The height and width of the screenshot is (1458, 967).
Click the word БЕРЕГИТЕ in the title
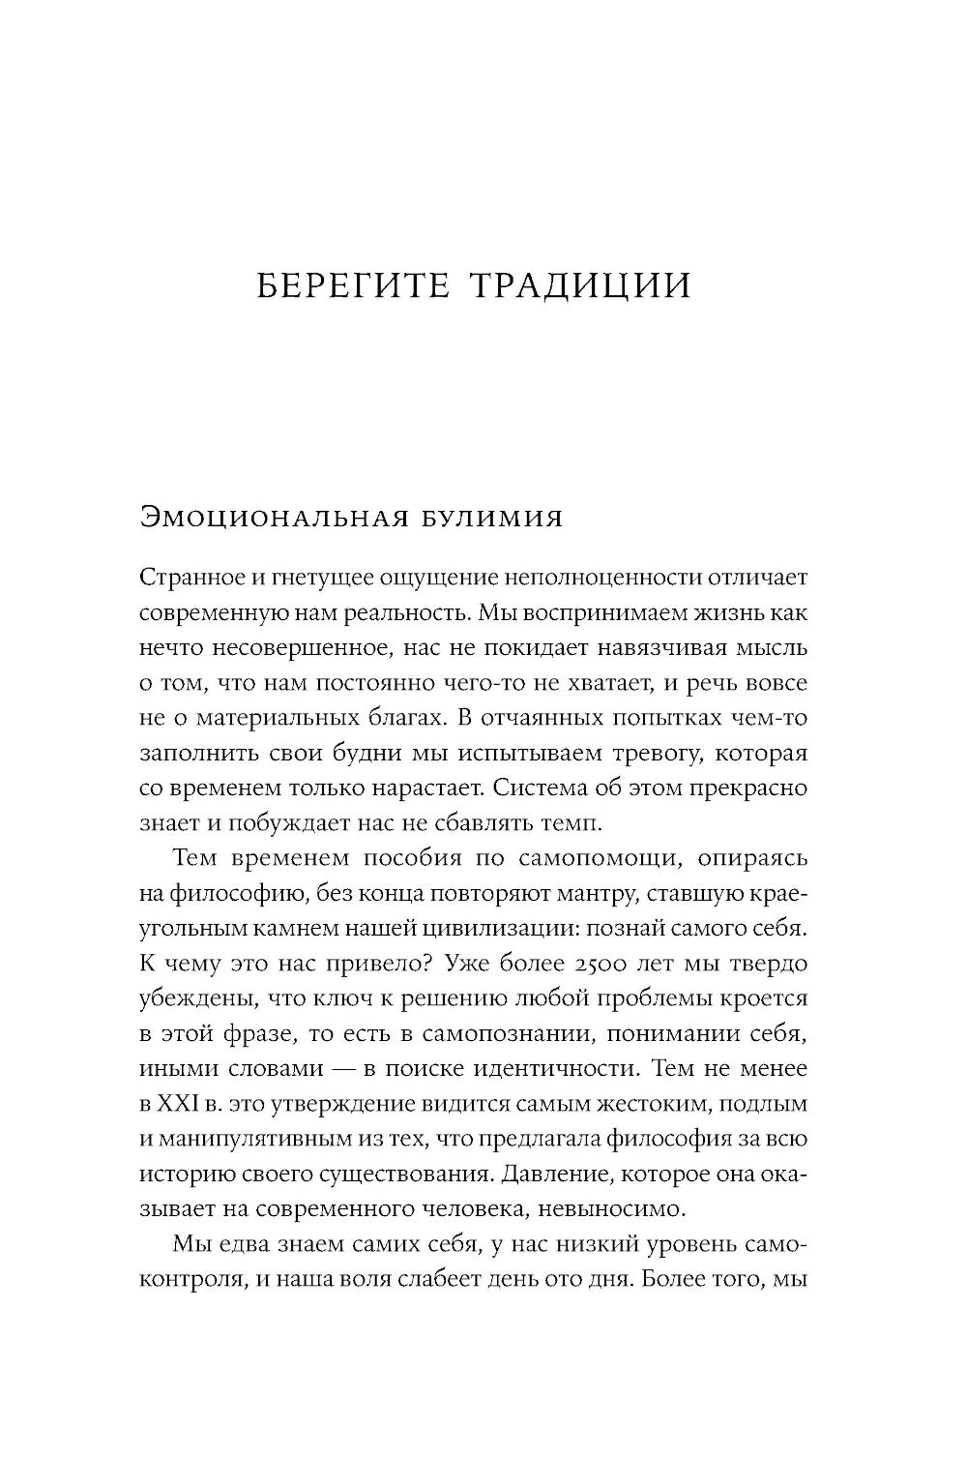354,286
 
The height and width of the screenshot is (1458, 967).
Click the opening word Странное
185,578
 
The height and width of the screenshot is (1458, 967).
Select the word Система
537,788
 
